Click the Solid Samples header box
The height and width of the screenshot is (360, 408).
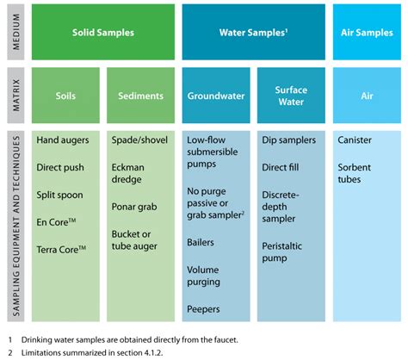(103, 32)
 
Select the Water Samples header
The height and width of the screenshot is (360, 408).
(254, 32)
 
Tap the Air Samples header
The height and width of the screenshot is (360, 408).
(367, 32)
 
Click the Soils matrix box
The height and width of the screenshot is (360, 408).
(65, 96)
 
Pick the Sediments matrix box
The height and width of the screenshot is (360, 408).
(140, 96)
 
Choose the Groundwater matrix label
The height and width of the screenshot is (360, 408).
(216, 96)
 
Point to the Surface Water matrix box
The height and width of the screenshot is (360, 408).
(291, 96)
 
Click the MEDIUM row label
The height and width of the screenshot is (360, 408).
(16, 32)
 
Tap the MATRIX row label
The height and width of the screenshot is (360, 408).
(16, 96)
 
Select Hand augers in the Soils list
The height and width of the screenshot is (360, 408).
(63, 140)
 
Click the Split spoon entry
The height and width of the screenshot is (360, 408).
(59, 195)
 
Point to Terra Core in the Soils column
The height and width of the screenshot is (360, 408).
(61, 249)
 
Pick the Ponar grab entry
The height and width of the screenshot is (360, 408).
(134, 207)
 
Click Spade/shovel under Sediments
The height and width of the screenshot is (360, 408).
(139, 140)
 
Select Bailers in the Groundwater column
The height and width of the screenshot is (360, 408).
(201, 242)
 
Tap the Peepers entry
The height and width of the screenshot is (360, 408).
(203, 309)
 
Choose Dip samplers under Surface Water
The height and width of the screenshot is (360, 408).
(289, 140)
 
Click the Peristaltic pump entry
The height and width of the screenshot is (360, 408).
(282, 251)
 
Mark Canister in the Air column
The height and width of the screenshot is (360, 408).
(355, 140)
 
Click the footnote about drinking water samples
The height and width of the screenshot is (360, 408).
(123, 340)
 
